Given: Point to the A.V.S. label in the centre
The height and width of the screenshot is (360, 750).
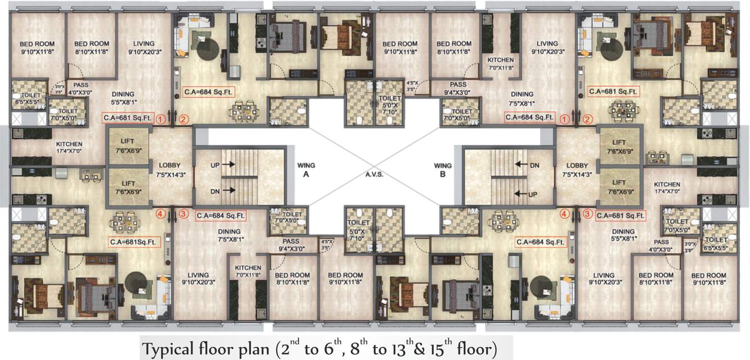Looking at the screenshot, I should [374, 175].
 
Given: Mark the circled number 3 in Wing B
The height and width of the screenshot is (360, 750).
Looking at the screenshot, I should [588, 214].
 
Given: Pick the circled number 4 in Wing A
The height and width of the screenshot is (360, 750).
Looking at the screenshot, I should [161, 213].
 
